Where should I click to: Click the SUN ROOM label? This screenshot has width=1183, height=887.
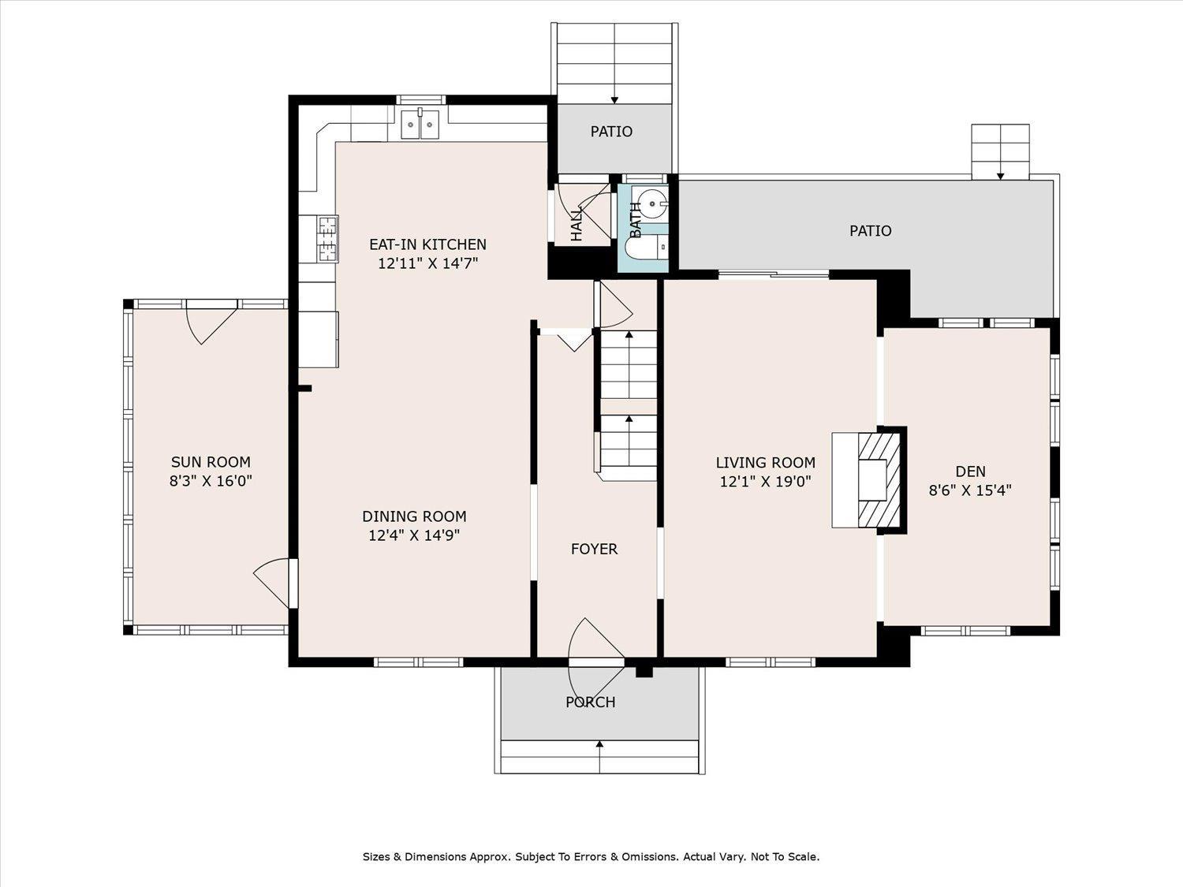tap(211, 462)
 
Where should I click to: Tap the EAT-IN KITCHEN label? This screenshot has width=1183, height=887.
tap(428, 244)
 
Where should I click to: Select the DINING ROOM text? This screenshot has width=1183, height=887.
tap(415, 516)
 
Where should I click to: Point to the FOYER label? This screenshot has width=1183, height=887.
tap(595, 549)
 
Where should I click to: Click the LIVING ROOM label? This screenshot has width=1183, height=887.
tap(765, 463)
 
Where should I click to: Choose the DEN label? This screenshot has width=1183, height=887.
tap(971, 471)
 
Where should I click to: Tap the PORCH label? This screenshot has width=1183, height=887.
tap(591, 703)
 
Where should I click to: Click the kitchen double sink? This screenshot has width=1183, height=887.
tap(420, 125)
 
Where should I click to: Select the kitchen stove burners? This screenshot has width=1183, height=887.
tap(327, 239)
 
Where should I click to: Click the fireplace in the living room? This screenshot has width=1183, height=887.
tap(869, 480)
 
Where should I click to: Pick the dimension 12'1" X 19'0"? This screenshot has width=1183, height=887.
tap(765, 482)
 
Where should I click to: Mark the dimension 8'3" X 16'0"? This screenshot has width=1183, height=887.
tap(211, 481)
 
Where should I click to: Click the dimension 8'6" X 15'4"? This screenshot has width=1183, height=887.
tap(970, 490)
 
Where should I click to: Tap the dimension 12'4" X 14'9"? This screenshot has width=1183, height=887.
tap(414, 535)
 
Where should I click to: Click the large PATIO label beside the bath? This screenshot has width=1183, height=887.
tap(871, 231)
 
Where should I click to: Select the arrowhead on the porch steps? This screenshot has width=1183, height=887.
tap(599, 744)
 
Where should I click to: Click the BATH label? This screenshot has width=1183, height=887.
tap(636, 219)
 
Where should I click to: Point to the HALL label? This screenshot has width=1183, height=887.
tap(577, 225)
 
